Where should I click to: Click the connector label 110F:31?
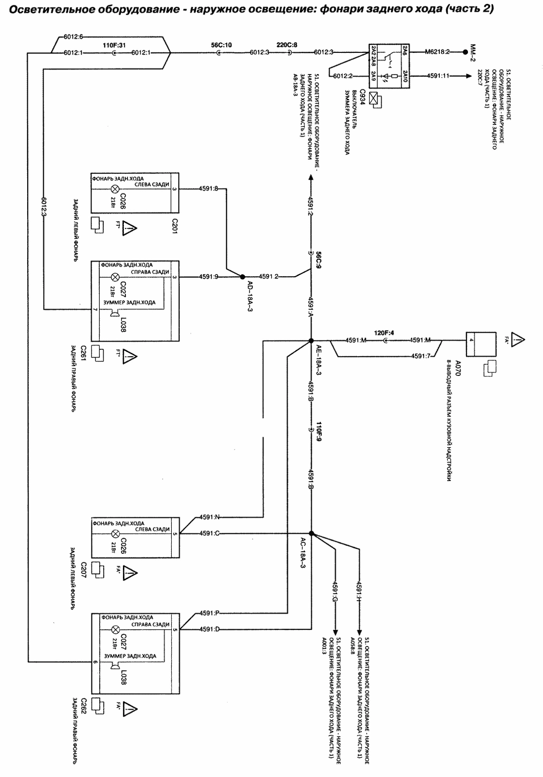tap(114, 45)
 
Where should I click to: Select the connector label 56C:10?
tap(221, 45)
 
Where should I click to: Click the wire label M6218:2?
tap(437, 52)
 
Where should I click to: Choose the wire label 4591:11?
tap(438, 76)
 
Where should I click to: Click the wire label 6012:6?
tap(74, 36)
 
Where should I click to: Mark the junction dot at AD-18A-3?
tap(242, 277)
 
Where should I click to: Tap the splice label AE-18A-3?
tap(318, 361)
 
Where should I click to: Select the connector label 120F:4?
tap(384, 333)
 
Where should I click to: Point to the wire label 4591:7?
tap(421, 356)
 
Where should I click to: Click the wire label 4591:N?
tap(209, 517)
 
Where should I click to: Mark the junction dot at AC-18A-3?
tap(311, 533)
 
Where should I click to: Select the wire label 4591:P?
tap(209, 613)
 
